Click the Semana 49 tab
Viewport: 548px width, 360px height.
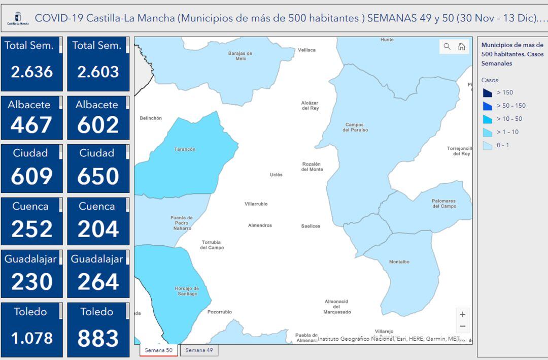click(199, 350)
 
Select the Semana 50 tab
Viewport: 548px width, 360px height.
click(159, 350)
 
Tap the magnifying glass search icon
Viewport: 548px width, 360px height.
click(447, 47)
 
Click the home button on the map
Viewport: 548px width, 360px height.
click(462, 47)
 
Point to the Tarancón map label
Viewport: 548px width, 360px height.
click(185, 149)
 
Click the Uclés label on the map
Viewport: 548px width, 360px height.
click(276, 175)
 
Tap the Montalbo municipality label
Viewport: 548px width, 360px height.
click(399, 262)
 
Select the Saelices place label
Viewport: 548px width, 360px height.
click(311, 226)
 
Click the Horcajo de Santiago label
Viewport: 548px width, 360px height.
click(187, 291)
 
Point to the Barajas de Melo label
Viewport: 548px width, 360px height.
click(241, 56)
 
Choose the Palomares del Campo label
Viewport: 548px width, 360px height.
click(444, 204)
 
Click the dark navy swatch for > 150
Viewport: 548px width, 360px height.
click(487, 93)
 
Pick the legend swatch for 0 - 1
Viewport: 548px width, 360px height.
click(487, 146)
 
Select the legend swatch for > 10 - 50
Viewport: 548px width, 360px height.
click(487, 119)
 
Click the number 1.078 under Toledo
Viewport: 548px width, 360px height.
click(32, 338)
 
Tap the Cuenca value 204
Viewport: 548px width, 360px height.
click(98, 229)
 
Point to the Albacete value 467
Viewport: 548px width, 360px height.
click(31, 125)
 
